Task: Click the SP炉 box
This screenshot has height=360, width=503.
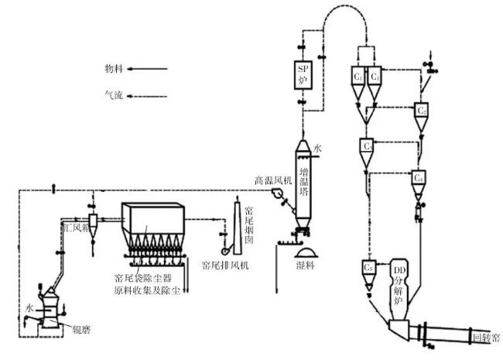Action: (303, 73)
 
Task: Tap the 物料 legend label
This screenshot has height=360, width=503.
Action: (114, 68)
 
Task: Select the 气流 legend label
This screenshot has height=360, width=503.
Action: (114, 97)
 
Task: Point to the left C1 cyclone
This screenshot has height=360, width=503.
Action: (358, 77)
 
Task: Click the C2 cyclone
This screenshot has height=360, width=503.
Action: (422, 111)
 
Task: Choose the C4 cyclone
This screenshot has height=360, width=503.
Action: (419, 178)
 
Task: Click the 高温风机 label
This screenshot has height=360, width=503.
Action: (273, 180)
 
